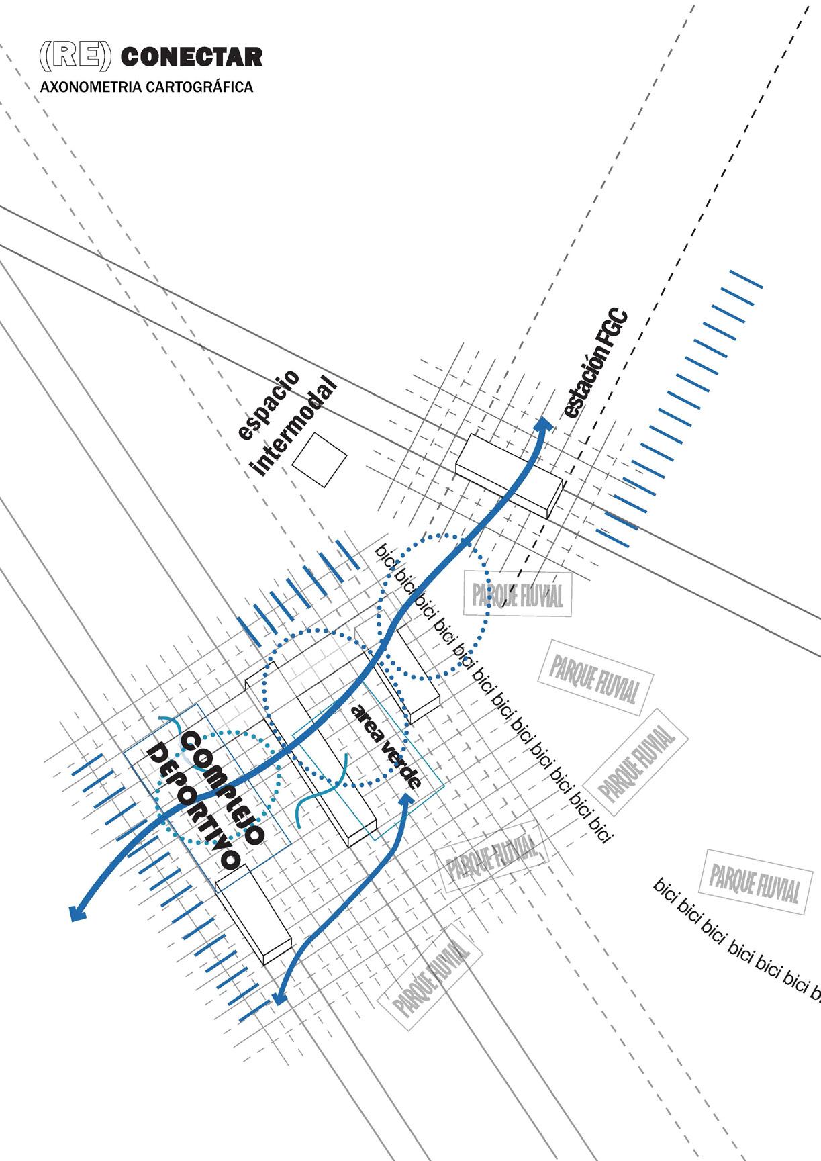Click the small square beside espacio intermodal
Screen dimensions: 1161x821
(320, 460)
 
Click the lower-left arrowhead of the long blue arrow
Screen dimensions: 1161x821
(78, 912)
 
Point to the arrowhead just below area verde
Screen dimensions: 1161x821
(407, 799)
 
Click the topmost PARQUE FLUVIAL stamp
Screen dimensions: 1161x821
(518, 594)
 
